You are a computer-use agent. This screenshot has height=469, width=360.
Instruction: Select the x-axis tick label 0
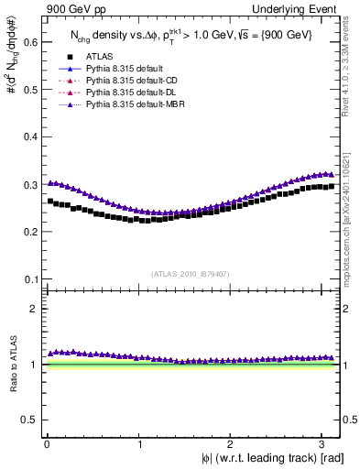47,444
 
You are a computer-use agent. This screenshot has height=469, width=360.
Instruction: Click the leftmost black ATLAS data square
50,201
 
